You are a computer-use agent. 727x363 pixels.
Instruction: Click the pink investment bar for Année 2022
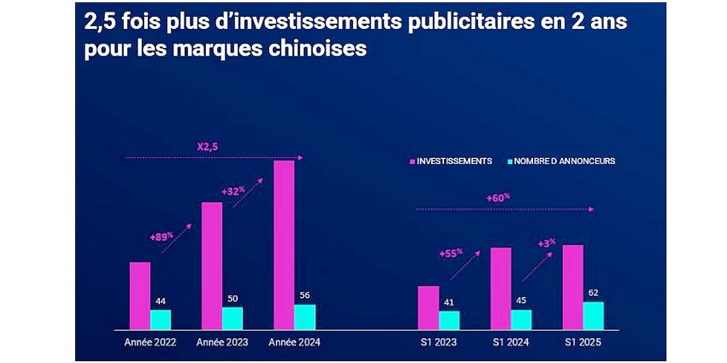(x=140, y=295)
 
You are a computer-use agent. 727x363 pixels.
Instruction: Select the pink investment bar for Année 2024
(x=284, y=244)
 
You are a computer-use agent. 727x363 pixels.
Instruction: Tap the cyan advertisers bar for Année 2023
(x=232, y=318)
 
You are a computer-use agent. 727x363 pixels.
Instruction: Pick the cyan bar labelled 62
(x=593, y=315)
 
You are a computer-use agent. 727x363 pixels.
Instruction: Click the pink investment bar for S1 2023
(x=428, y=307)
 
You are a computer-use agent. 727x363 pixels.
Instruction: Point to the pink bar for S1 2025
(x=573, y=287)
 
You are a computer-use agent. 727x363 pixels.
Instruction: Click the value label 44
(x=161, y=301)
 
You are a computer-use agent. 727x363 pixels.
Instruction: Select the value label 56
(x=305, y=295)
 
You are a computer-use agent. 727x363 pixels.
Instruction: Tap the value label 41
(x=449, y=302)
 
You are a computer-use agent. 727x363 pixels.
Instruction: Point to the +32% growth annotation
(x=233, y=191)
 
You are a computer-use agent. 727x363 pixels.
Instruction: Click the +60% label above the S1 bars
(x=499, y=197)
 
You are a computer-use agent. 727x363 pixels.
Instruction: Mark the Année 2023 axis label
(x=222, y=342)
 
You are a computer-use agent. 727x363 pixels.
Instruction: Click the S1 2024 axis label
(x=511, y=342)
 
